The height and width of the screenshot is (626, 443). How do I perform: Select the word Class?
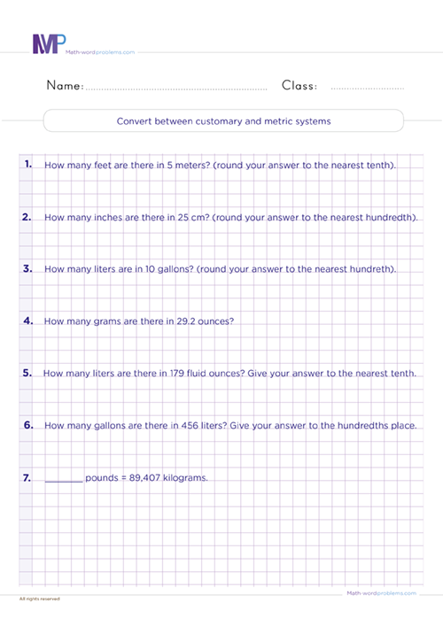tap(300, 86)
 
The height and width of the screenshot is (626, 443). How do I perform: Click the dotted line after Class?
tap(367, 89)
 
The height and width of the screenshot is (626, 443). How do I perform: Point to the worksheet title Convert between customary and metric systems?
tap(223, 121)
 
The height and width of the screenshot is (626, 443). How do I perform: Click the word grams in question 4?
tap(105, 321)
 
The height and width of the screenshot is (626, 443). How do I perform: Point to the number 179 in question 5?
tap(175, 374)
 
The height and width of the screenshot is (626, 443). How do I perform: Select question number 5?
tap(27, 373)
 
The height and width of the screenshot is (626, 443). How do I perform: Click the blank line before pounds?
tap(62, 479)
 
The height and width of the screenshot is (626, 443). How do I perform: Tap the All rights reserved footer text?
tap(39, 599)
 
